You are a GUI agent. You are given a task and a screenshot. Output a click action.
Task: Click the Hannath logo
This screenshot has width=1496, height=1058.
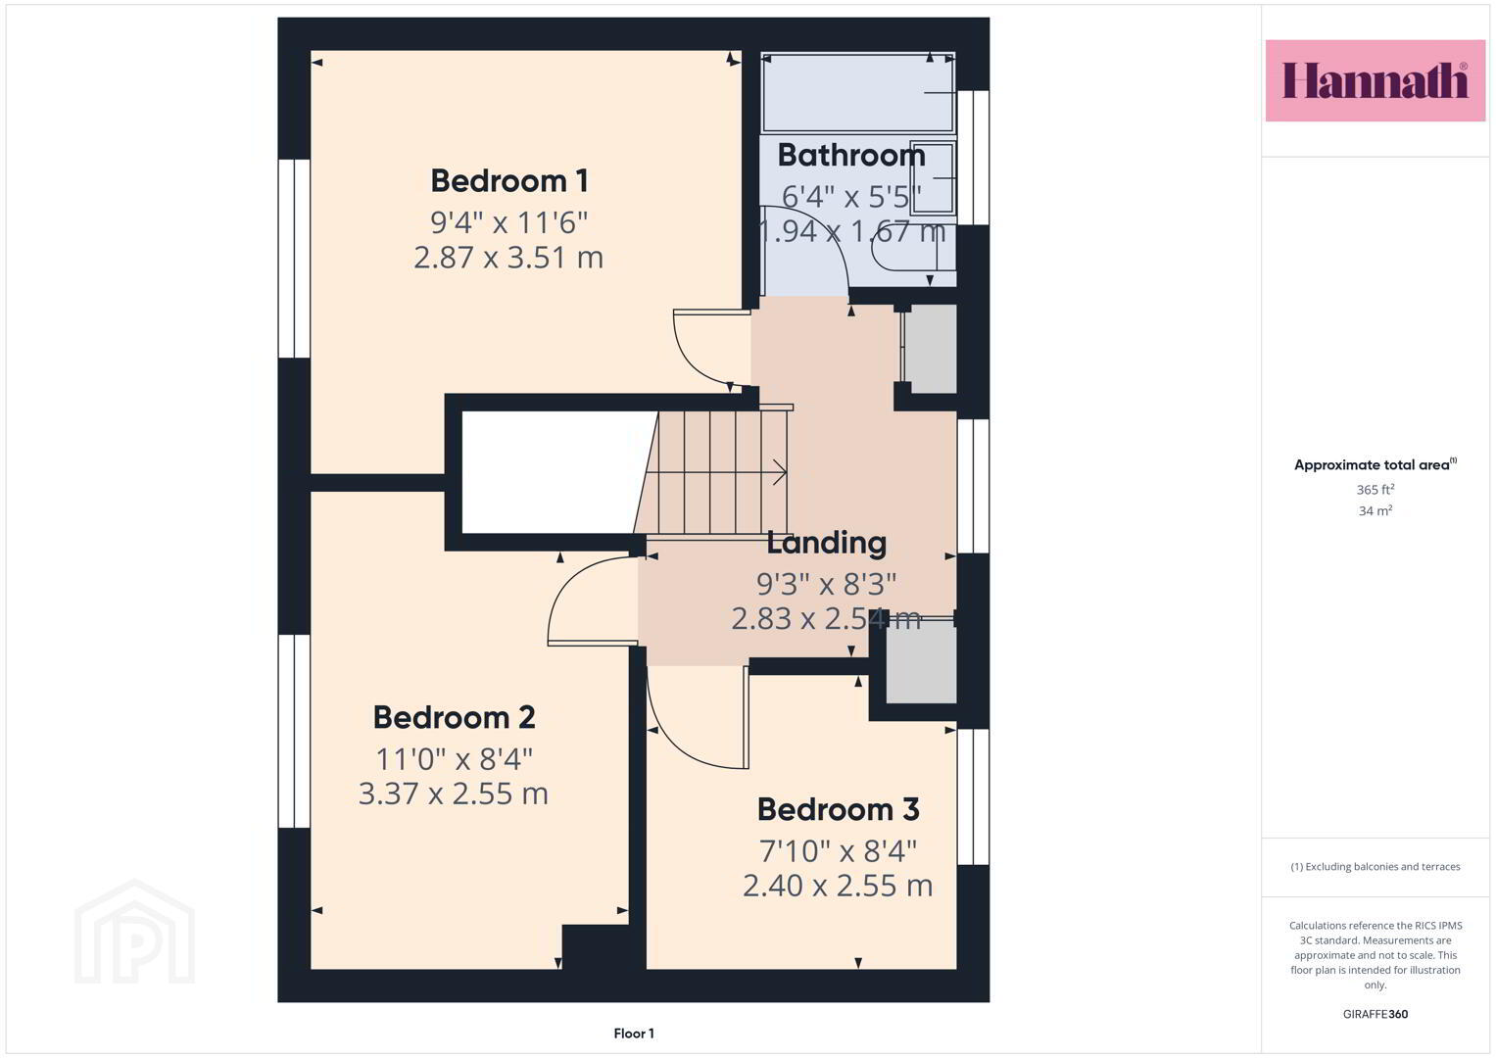point(1375,80)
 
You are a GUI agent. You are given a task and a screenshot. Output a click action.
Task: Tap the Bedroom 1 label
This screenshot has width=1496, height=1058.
point(508,181)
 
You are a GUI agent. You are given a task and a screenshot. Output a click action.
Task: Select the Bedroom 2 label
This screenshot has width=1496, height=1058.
point(455,717)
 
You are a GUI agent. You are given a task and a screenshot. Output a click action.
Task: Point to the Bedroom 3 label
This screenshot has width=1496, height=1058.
point(839,809)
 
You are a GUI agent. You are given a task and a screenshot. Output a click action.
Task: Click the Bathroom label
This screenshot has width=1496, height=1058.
point(851,155)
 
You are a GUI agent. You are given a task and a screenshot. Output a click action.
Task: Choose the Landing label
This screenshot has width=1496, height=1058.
point(826,543)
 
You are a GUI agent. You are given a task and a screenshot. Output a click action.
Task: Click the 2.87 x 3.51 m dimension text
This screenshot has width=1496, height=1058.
point(508,258)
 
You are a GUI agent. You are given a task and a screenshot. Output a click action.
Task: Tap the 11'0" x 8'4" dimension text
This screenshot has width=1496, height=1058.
point(455,759)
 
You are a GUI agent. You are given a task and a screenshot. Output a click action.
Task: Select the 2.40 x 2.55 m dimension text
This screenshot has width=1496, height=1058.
point(838,887)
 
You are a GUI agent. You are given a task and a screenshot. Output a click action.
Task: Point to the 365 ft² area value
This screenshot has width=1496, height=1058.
point(1375,489)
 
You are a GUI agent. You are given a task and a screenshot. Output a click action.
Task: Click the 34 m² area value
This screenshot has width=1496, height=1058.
point(1375,510)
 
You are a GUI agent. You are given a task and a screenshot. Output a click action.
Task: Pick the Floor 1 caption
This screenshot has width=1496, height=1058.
point(634,1034)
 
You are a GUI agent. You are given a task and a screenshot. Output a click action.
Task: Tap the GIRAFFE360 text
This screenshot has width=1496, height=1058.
point(1375,1014)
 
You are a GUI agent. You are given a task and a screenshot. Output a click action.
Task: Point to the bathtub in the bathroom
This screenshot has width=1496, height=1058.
point(858,92)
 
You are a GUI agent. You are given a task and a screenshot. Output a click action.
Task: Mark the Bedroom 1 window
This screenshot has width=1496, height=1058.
point(294,259)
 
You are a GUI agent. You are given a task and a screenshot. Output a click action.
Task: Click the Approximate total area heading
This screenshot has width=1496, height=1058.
point(1375,464)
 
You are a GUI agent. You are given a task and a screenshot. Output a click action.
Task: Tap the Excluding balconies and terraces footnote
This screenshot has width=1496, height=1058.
point(1375,866)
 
